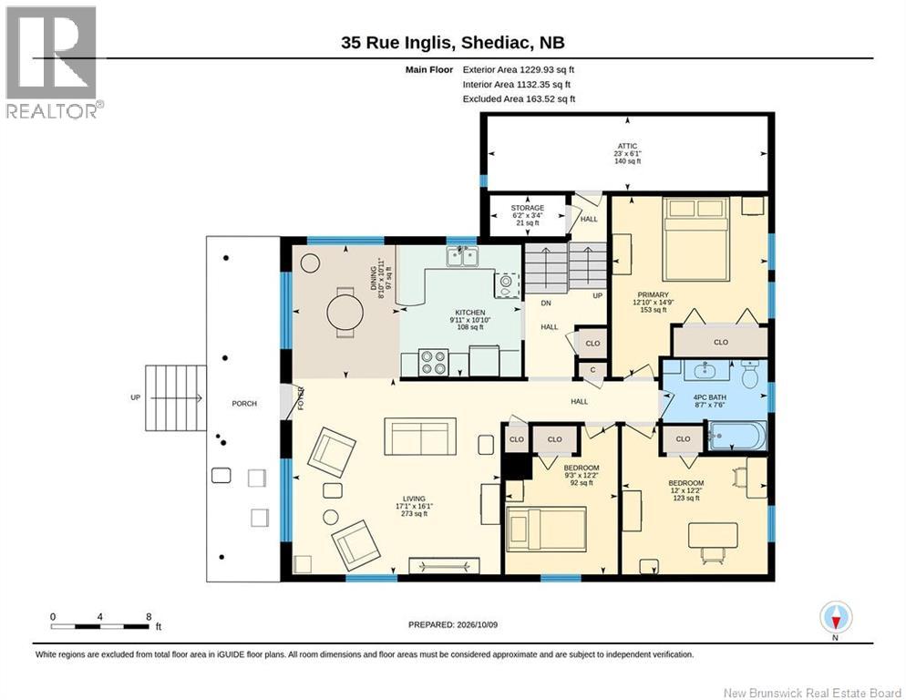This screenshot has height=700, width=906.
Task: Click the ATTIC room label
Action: (627, 146)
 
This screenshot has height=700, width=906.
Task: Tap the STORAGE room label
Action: (527, 208)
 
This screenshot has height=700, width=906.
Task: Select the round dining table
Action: (345, 313)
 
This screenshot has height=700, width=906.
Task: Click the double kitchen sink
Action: (462, 256)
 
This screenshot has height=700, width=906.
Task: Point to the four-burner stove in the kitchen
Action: (433, 363)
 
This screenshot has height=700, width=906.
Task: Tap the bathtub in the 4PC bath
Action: (737, 436)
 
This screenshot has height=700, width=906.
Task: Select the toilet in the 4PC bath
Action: (750, 375)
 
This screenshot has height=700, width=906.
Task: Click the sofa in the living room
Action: (421, 437)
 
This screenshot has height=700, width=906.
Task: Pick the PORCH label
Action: (244, 404)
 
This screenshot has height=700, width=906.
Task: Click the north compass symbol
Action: (836, 618)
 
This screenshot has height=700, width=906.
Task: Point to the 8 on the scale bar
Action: (149, 617)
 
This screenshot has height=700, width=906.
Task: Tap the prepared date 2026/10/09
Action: (478, 625)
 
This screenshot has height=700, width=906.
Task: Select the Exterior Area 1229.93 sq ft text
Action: (519, 70)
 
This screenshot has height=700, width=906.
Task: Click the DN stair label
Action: (546, 304)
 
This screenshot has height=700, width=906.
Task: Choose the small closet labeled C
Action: (592, 370)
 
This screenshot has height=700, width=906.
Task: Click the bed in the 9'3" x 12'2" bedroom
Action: (546, 529)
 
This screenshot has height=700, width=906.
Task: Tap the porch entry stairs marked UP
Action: (176, 397)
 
